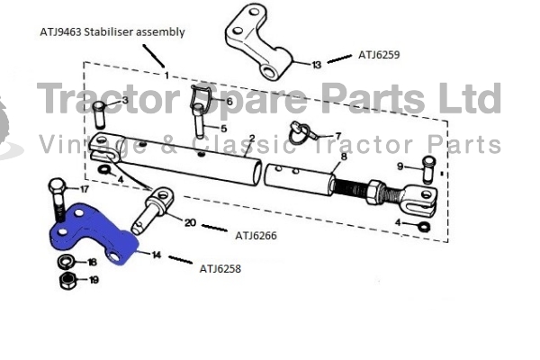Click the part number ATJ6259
[x=379, y=55]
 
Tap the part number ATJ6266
[x=256, y=236]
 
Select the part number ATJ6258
[x=220, y=269]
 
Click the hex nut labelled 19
[x=68, y=281]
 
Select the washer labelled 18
[x=66, y=262]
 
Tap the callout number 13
[x=317, y=65]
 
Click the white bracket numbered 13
[x=258, y=41]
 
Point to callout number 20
[x=190, y=223]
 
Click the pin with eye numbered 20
[x=153, y=210]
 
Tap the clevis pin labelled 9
[x=428, y=169]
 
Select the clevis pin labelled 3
[x=99, y=115]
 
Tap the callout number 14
[x=157, y=255]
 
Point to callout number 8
[x=344, y=157]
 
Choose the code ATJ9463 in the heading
[x=60, y=32]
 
